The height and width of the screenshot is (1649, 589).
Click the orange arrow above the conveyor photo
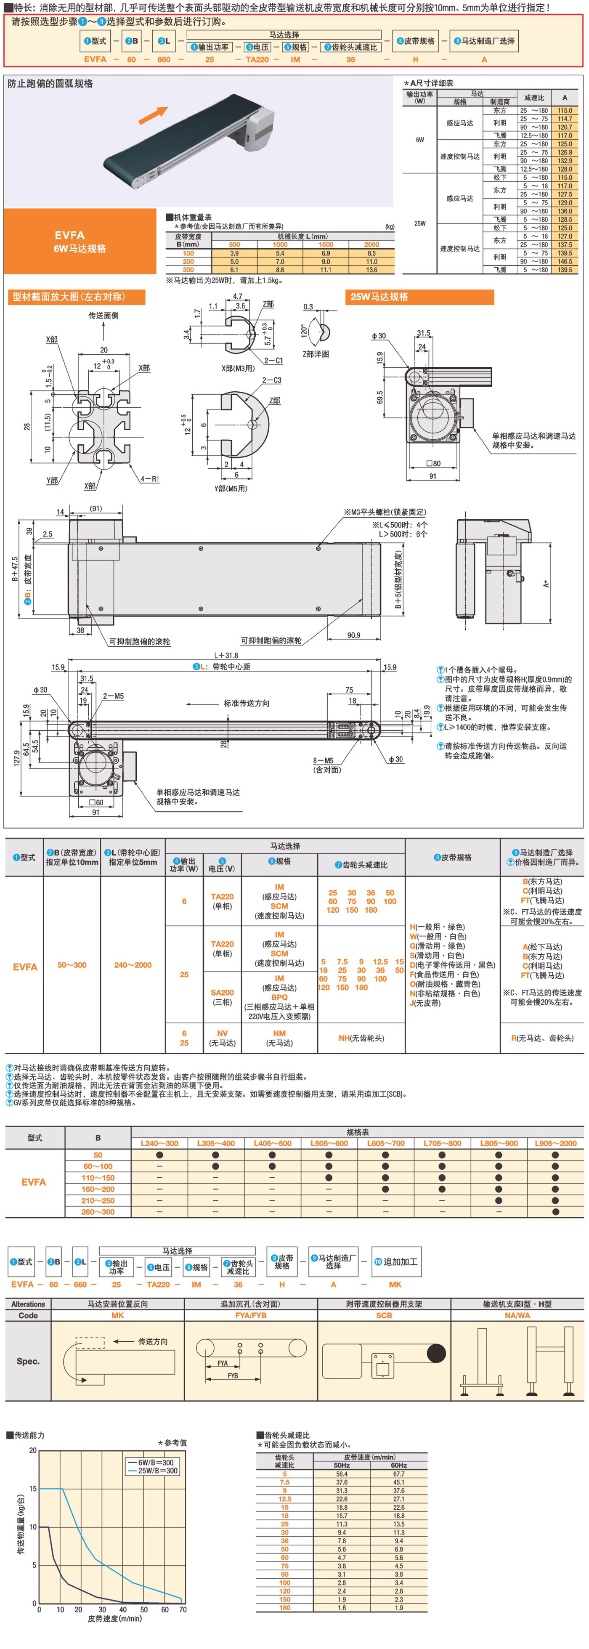pos(154,115)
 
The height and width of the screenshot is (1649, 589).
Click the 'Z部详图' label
pos(316,354)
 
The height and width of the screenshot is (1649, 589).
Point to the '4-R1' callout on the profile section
pos(150,479)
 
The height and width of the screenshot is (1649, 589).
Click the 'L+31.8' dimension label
pos(226,656)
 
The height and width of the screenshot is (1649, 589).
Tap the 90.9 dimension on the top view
pos(353,635)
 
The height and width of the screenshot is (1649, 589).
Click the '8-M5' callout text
pos(323,760)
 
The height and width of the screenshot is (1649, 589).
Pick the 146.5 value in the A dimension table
pos(564,261)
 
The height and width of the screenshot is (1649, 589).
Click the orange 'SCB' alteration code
pos(384,1315)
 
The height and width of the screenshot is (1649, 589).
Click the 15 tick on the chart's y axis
pos(33,1488)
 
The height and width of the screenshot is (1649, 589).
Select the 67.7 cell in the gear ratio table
pos(398,1474)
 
